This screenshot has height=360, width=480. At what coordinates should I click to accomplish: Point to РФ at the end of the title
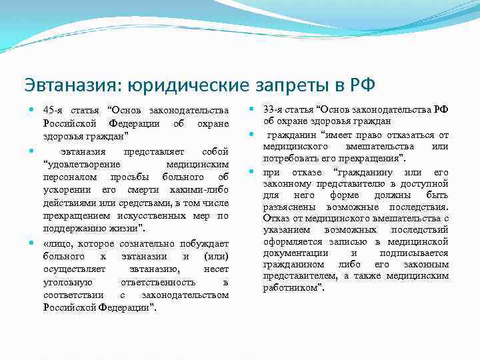362,85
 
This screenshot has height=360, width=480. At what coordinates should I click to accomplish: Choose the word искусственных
133,215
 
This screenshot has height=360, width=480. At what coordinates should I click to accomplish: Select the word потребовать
291,158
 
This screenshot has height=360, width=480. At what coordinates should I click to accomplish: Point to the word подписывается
413,253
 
